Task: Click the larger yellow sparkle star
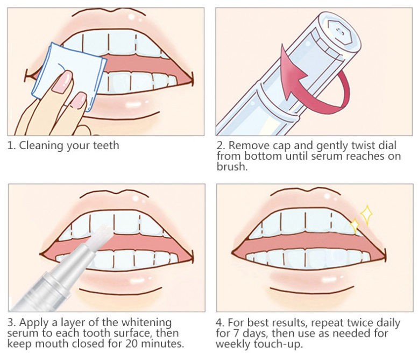coord(366,215)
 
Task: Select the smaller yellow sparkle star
coord(355,225)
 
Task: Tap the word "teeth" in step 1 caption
coord(106,146)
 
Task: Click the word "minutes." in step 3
coord(162,344)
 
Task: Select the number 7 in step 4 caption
coord(236,333)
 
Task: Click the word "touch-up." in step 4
coord(278,344)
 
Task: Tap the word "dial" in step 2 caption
coord(387,146)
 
